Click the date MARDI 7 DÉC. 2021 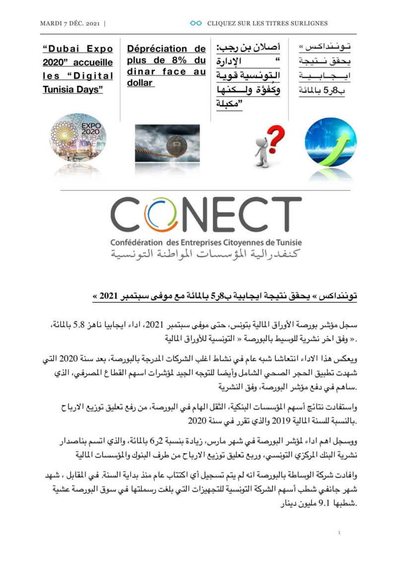(x=69, y=23)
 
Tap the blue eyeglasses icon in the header (x=196, y=23)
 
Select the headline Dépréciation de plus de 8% (x=166, y=66)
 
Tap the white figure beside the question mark (x=261, y=151)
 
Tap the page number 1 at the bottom (x=339, y=533)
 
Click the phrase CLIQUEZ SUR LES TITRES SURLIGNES (x=267, y=23)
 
